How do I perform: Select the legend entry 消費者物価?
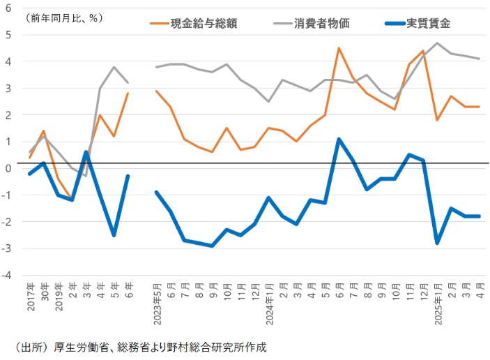point(321,23)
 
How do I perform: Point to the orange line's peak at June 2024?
point(338,48)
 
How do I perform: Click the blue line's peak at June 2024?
point(338,139)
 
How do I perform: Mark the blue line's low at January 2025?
point(437,243)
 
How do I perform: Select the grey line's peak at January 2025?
point(437,43)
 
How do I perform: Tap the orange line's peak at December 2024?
point(423,51)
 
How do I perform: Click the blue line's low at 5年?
point(114,235)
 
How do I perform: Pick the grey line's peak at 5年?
point(114,67)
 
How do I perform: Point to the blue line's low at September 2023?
point(212,246)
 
